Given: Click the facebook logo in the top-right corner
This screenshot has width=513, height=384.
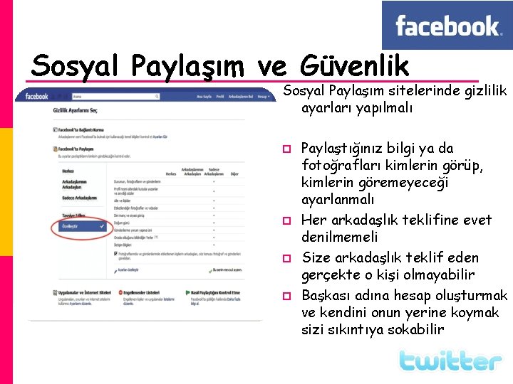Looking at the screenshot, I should pos(447,26).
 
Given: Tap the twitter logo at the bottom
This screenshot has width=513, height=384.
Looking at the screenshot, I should pos(450,361).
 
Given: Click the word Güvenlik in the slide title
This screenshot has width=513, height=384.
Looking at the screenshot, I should pos(355,66).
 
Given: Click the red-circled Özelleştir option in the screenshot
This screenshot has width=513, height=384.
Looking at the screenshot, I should pos(73,228).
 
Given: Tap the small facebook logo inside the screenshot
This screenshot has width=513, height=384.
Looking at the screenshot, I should pos(36,96).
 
